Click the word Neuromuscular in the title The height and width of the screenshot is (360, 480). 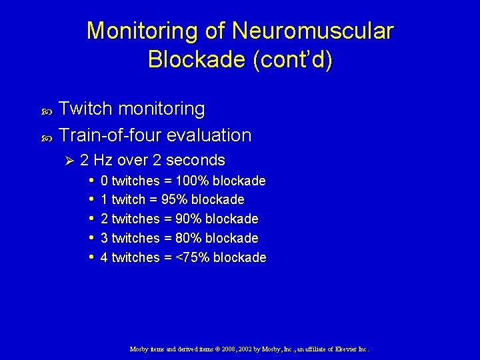[313, 31]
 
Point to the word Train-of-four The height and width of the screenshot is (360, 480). [110, 135]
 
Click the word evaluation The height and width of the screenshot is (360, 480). [209, 135]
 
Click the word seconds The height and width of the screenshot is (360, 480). [195, 161]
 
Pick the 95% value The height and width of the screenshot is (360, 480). [175, 200]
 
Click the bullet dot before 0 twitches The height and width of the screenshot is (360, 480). [91, 181]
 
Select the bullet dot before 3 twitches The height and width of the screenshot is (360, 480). [91, 238]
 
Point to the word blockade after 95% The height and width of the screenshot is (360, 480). [218, 200]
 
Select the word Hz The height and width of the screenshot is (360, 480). [103, 161]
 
